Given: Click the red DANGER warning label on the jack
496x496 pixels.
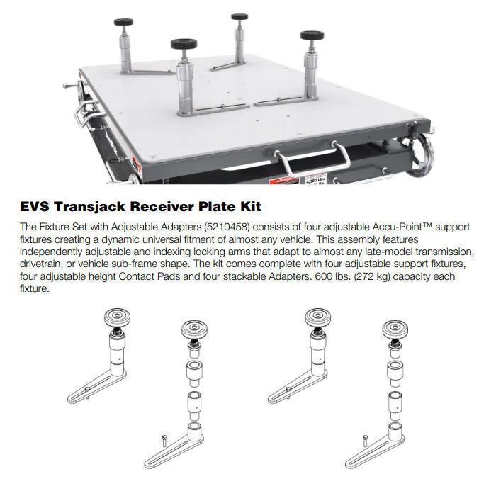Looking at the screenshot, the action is point(283,181).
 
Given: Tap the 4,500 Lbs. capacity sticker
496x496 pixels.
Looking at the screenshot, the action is point(316,179).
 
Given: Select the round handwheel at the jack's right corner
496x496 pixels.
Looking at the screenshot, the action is point(421,155).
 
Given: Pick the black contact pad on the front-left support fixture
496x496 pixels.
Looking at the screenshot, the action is point(184,44).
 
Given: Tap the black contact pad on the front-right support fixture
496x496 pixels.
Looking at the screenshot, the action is point(312,35).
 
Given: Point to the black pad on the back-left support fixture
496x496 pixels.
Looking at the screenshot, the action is point(123,22).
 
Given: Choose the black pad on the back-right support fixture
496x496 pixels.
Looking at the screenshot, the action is point(239,17).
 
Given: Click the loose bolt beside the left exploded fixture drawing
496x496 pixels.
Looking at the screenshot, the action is point(164,441).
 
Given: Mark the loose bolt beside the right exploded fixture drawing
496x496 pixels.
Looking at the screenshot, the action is point(366,441).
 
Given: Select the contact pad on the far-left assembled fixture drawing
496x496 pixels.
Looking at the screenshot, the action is point(117,317).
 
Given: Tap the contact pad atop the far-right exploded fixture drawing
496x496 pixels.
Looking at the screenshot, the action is point(395,330).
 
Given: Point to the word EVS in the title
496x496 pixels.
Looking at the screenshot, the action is point(35,207).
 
